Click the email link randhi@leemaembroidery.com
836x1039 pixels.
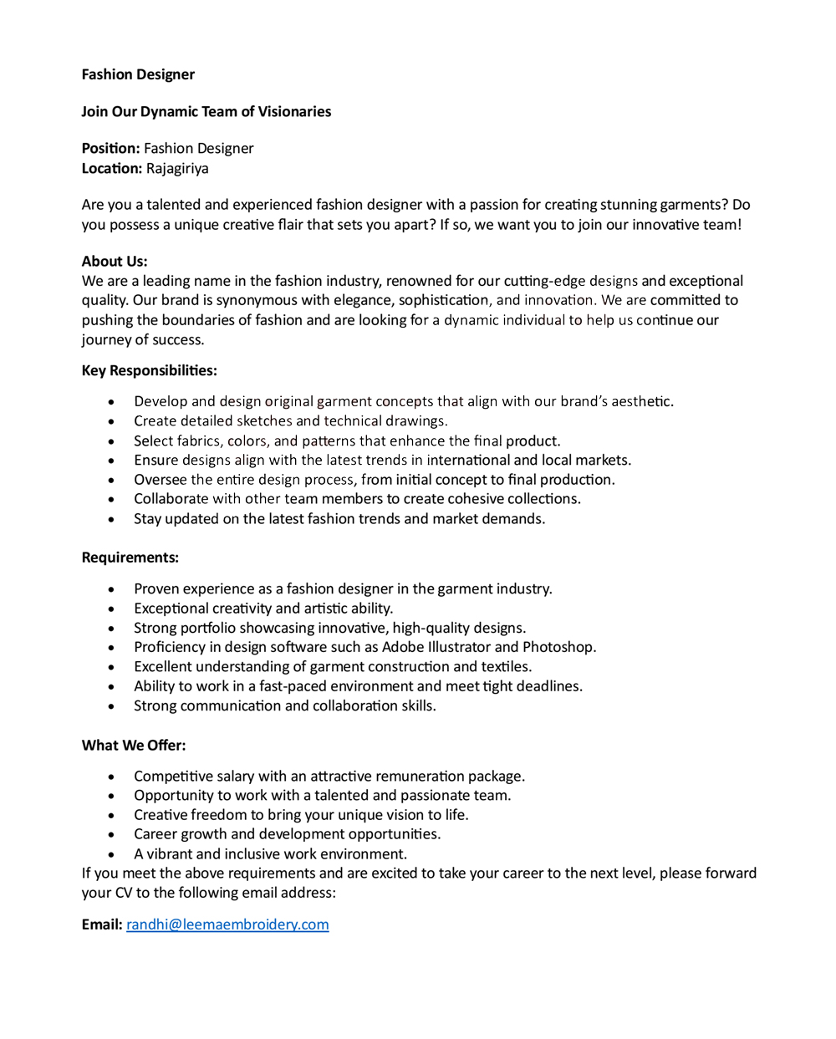coord(227,924)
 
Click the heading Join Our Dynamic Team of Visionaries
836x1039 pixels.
coord(206,112)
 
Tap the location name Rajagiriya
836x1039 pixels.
coord(177,169)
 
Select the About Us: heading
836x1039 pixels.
coord(115,262)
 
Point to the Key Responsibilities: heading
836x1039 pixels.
coord(149,371)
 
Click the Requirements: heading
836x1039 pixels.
coord(130,558)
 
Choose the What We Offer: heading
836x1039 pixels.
coord(134,746)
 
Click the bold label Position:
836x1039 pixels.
coord(110,149)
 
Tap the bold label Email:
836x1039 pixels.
coord(102,924)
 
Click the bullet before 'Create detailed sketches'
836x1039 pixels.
coord(111,422)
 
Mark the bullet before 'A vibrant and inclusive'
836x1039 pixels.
coord(111,855)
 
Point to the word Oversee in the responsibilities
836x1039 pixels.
coord(161,480)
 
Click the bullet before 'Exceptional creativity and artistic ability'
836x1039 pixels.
coord(111,609)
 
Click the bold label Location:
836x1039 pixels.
coord(112,169)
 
